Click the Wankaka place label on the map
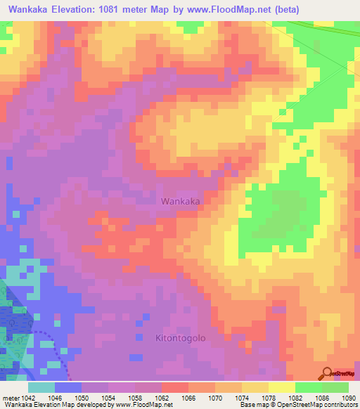[x=181, y=201]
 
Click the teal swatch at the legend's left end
[x=41, y=387]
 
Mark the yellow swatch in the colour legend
[x=281, y=387]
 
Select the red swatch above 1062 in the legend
[x=174, y=387]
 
